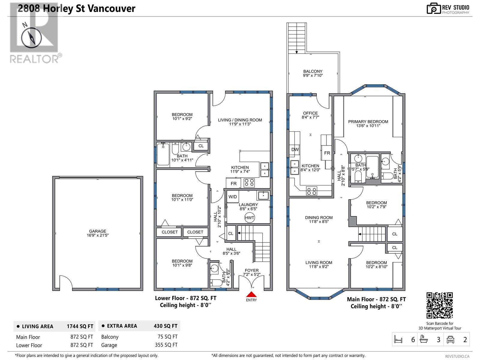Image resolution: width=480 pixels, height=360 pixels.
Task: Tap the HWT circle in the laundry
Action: point(249,218)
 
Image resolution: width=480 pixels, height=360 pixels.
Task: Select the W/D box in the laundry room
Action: point(232,197)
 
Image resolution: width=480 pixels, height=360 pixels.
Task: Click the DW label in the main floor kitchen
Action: point(295,150)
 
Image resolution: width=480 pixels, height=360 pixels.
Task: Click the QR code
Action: point(439,305)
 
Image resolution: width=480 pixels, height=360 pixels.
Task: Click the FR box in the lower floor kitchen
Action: point(233,183)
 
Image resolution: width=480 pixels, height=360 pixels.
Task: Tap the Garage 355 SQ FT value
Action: point(166,345)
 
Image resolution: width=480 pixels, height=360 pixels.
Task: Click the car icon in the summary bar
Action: point(451,340)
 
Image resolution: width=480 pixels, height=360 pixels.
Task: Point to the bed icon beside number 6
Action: point(398,340)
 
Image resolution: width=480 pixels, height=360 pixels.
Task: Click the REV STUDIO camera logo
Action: point(433,8)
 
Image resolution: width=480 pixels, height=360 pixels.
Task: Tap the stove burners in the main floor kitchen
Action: point(311,191)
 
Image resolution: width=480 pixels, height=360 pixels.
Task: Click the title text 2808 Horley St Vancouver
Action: point(76,8)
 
